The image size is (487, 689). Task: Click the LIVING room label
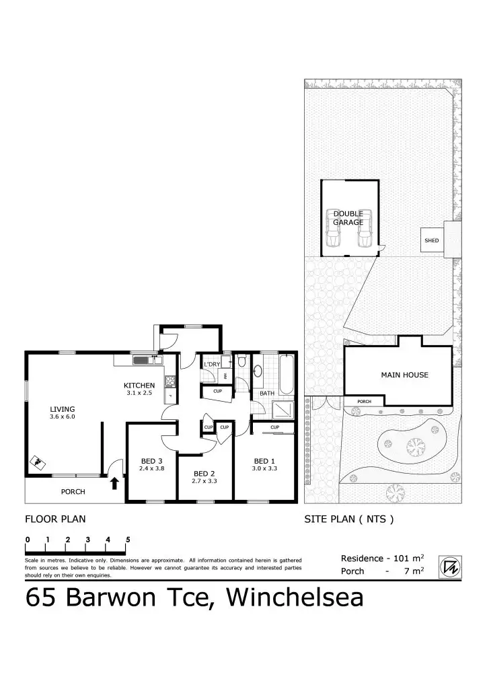pyautogui.click(x=62, y=408)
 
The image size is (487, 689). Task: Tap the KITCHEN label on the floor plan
pyautogui.click(x=139, y=386)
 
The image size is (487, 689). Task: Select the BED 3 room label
pyautogui.click(x=151, y=460)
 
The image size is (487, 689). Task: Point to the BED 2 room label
pyautogui.click(x=204, y=473)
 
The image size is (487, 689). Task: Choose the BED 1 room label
pyautogui.click(x=264, y=460)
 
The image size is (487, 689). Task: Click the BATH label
pyautogui.click(x=267, y=393)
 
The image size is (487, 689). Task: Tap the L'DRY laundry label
pyautogui.click(x=212, y=364)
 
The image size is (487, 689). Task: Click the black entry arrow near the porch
pyautogui.click(x=114, y=482)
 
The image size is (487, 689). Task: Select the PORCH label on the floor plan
pyautogui.click(x=73, y=492)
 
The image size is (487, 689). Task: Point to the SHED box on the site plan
pyautogui.click(x=431, y=240)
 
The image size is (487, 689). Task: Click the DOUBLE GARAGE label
pyautogui.click(x=348, y=218)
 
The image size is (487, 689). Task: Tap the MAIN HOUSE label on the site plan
pyautogui.click(x=404, y=375)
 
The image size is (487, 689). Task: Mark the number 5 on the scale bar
pyautogui.click(x=128, y=540)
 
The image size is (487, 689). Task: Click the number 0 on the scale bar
pyautogui.click(x=28, y=540)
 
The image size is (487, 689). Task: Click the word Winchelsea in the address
pyautogui.click(x=295, y=597)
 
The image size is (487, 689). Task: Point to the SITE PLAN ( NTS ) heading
pyautogui.click(x=348, y=519)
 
